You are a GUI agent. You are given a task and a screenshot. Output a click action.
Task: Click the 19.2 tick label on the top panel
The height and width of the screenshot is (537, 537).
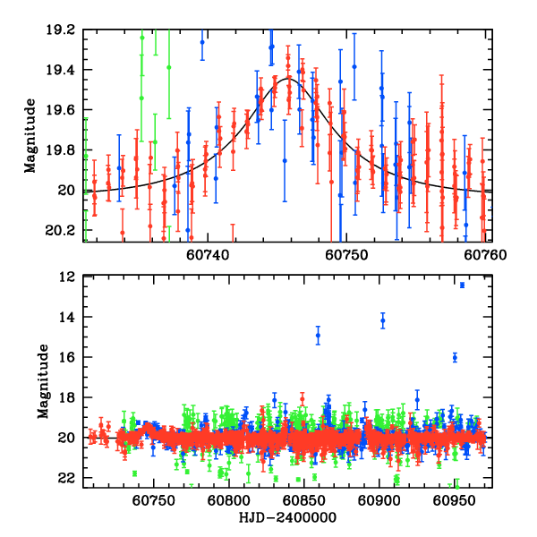point(63,30)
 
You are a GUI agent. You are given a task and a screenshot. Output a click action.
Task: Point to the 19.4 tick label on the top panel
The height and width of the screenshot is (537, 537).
point(63,70)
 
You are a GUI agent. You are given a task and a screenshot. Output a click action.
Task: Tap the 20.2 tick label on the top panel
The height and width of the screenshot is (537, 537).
point(63,230)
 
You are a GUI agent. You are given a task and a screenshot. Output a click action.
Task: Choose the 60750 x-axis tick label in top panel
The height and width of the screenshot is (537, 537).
point(347,254)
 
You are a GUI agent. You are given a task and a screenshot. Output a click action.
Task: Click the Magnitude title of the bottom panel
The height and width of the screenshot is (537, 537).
point(42,382)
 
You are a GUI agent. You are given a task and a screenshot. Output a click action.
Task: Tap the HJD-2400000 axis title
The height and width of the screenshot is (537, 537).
point(287,518)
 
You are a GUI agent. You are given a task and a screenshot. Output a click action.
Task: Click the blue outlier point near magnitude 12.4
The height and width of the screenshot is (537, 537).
point(462,285)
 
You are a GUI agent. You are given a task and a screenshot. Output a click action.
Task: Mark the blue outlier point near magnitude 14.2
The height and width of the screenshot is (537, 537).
point(383,320)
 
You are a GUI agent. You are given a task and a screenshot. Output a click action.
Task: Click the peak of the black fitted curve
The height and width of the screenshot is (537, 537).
point(287,79)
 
